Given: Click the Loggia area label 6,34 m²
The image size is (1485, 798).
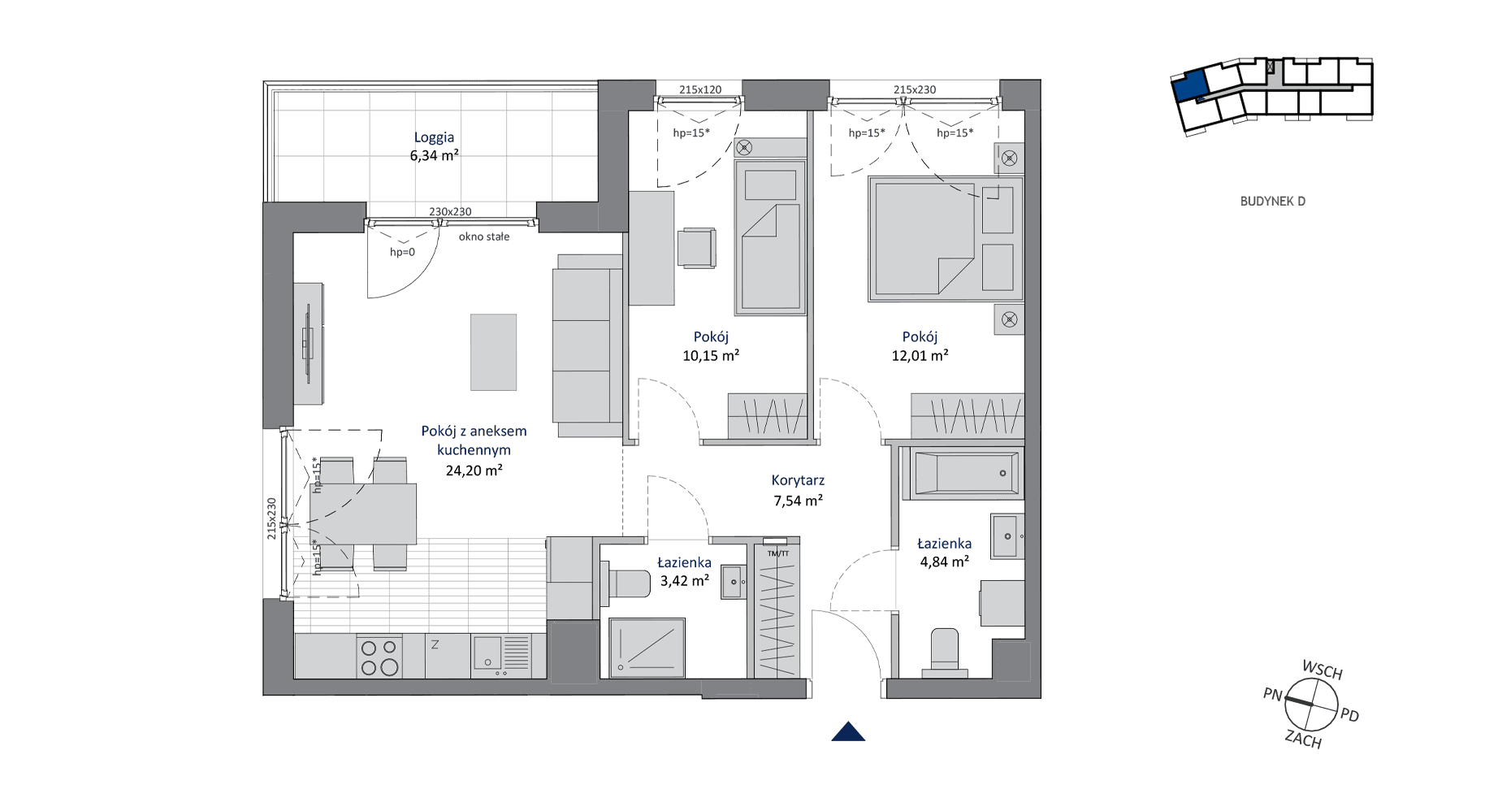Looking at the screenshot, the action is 434,156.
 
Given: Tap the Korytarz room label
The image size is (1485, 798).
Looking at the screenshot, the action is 798,481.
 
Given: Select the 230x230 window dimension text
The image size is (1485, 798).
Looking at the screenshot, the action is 450,212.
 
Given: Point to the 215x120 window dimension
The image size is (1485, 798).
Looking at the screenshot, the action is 700,90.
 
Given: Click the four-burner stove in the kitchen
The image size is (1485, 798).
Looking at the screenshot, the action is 379,657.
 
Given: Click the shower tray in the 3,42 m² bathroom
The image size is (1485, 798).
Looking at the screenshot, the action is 647,648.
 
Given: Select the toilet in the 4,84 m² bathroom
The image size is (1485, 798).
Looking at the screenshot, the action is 945,653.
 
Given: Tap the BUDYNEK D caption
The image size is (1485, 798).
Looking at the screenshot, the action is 1272,202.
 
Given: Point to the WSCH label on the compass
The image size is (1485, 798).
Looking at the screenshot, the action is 1323,670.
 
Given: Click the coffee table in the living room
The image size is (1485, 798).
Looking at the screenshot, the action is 493,352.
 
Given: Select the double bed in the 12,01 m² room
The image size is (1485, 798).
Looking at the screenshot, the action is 944,239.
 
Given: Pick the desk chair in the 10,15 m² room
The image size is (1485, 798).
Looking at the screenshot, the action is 697,248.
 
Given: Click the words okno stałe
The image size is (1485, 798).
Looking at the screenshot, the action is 484,237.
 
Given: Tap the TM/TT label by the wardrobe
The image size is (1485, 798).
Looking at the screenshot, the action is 778,553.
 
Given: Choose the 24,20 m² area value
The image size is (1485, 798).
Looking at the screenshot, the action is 474,471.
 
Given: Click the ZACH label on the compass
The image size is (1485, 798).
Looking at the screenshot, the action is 1303,739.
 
